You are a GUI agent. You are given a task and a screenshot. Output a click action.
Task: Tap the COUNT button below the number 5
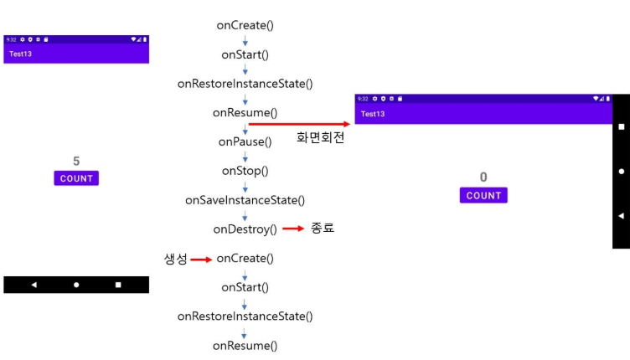(x=76, y=178)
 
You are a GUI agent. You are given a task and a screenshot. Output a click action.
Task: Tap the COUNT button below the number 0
(x=483, y=196)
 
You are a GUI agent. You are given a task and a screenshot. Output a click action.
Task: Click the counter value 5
(x=76, y=161)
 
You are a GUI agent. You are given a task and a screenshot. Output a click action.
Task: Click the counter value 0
(x=483, y=177)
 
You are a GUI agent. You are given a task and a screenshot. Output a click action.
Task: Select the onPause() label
(x=245, y=141)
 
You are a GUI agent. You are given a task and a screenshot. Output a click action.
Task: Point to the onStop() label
(x=245, y=171)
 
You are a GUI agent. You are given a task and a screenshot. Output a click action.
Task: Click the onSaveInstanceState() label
(x=245, y=200)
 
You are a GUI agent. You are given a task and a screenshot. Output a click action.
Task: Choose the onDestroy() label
(x=245, y=229)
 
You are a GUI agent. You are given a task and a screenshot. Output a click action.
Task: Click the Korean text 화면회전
(x=320, y=138)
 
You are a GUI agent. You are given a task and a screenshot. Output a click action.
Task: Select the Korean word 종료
(x=323, y=228)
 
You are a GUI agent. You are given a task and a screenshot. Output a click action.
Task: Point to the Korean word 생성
(x=176, y=259)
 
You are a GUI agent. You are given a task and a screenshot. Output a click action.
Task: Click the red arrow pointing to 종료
(x=292, y=229)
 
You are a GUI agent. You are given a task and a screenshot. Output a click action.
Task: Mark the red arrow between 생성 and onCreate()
(x=201, y=260)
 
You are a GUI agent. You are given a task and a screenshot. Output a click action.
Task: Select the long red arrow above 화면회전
(x=299, y=124)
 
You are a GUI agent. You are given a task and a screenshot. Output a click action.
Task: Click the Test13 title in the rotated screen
(x=374, y=114)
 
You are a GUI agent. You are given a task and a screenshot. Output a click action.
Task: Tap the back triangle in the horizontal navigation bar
(x=34, y=285)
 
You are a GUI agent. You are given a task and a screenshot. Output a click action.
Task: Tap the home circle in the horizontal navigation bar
(x=76, y=285)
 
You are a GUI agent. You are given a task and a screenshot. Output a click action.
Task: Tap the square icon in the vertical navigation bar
(x=621, y=127)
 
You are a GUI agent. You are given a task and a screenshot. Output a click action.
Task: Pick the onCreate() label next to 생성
(x=245, y=259)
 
